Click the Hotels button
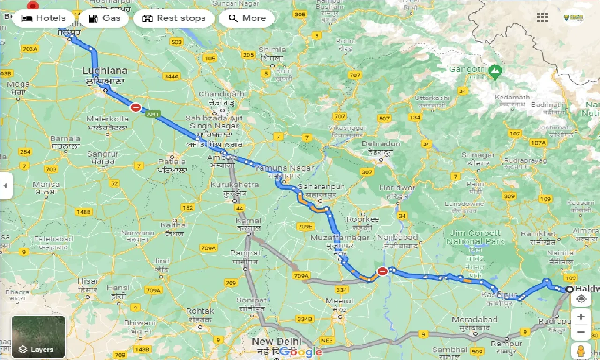[x=43, y=18]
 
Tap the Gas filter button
[x=104, y=18]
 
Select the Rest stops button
[x=174, y=18]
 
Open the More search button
[x=247, y=18]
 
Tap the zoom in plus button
[x=581, y=316]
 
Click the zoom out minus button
[x=581, y=332]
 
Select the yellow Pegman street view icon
[x=581, y=350]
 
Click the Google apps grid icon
[x=542, y=17]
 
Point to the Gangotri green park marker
[x=495, y=72]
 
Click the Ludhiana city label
[x=105, y=71]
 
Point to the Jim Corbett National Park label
[x=475, y=237]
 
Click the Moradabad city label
[x=471, y=320]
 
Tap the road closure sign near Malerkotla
[x=136, y=107]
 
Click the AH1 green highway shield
[x=152, y=114]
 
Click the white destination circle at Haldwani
[x=570, y=290]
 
